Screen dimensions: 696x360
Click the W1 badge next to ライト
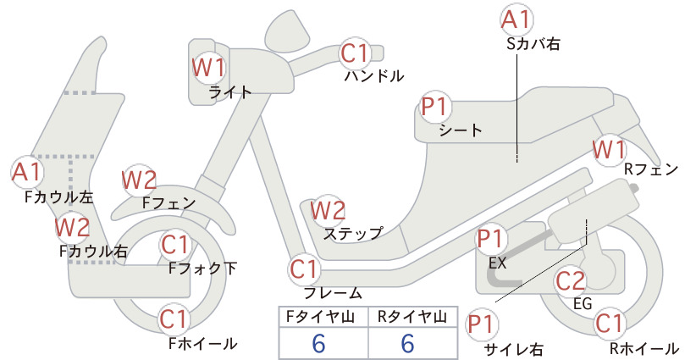coord(208,68)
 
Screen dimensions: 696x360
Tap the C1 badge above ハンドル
coord(355,53)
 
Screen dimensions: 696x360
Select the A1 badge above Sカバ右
coord(516,20)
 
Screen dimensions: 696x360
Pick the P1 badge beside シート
coord(436,107)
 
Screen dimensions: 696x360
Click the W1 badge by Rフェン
coord(610,150)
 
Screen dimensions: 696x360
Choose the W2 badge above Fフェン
coord(139,180)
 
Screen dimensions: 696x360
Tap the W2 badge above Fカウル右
coord(72,227)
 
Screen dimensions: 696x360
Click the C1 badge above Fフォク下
coord(176,245)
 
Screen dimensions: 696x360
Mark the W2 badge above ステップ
coord(328,210)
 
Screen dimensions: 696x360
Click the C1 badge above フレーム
coord(305,269)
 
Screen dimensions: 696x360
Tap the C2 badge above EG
coord(571,280)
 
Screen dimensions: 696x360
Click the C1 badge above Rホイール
coord(610,324)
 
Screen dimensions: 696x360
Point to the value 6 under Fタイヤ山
coord(319,343)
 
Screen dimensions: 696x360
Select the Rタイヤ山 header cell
coord(413,317)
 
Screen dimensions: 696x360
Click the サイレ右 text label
coord(514,349)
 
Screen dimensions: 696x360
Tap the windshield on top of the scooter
coord(288,30)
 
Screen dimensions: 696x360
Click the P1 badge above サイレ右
coord(482,324)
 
